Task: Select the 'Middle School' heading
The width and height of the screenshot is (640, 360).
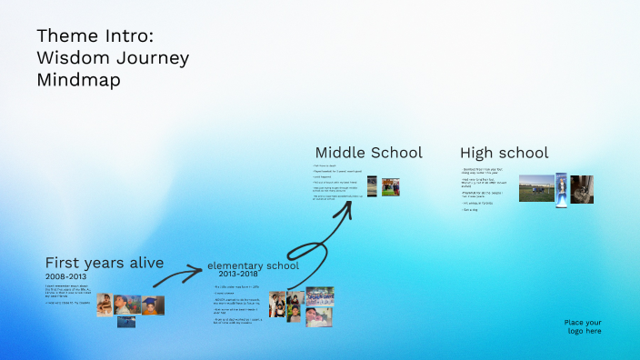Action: coord(368,152)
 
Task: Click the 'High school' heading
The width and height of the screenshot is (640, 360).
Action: coord(504,153)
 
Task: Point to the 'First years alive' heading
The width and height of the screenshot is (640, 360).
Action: coord(105,263)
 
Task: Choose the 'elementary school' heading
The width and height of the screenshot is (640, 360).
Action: coord(253,265)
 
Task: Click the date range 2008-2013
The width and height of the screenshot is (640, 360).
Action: coord(66,275)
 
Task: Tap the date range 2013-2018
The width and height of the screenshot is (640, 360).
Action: coord(239,274)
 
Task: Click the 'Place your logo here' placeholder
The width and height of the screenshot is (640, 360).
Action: coord(582,326)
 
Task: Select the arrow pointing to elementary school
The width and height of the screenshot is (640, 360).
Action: coord(182,271)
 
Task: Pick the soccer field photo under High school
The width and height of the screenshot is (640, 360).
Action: coord(536,188)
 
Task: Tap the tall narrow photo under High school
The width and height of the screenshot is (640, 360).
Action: coord(562,188)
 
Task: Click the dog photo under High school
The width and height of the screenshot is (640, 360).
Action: coord(582,188)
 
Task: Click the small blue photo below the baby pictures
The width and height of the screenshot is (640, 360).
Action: coord(125,320)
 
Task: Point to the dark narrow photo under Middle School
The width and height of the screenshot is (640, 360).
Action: coord(372,186)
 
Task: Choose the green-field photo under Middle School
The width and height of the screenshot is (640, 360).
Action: coord(390,186)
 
